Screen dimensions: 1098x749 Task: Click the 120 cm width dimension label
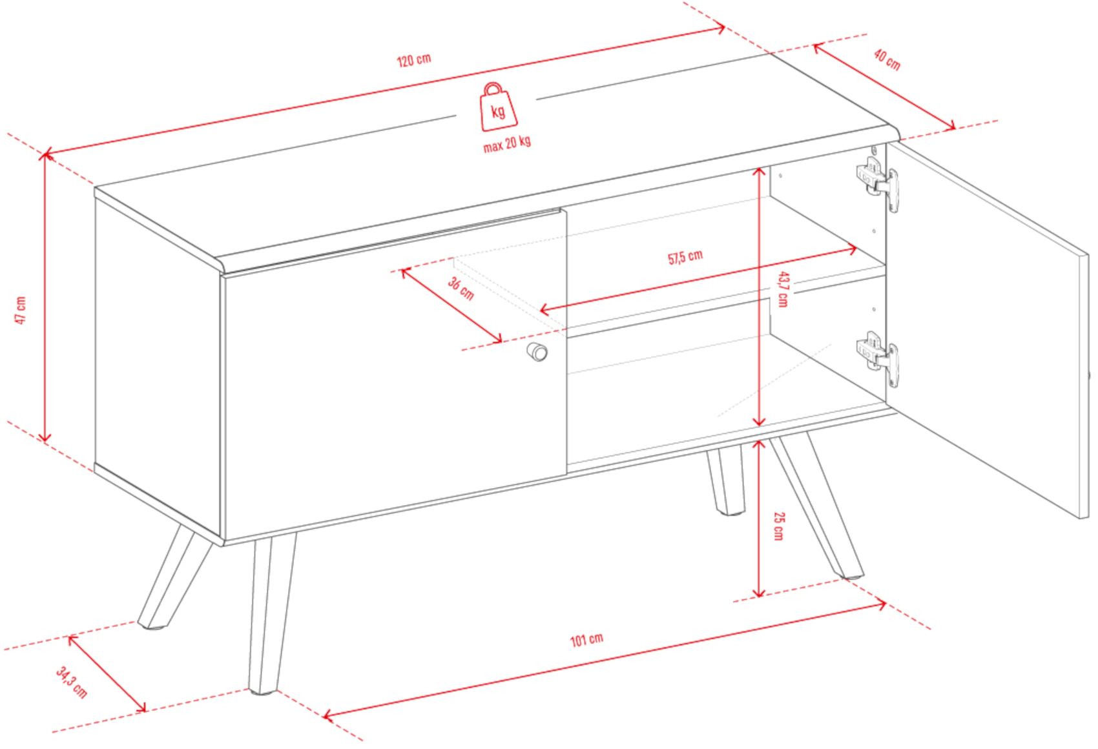(x=414, y=60)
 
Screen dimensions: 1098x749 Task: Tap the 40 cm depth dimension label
(x=887, y=60)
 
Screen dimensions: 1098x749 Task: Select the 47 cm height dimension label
(x=20, y=311)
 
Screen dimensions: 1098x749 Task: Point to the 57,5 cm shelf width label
(x=685, y=257)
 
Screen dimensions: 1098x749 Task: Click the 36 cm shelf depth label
(x=461, y=289)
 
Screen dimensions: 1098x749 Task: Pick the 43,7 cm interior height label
(x=783, y=289)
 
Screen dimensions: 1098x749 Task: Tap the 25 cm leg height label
(x=779, y=526)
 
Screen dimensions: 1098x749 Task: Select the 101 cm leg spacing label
(x=586, y=640)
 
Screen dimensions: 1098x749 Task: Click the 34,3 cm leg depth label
(x=72, y=682)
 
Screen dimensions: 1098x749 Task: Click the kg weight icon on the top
(x=497, y=107)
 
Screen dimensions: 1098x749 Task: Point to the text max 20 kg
(x=507, y=143)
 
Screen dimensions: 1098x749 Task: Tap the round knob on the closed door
(x=537, y=351)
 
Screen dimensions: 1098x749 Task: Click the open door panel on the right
(x=988, y=329)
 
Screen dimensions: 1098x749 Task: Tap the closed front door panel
(x=395, y=375)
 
